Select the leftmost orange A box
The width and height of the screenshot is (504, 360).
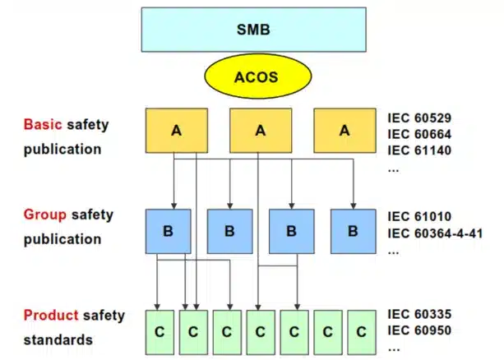tap(175, 131)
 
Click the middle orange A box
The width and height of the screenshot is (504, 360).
tap(260, 131)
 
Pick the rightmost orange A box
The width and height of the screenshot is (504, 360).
tap(344, 131)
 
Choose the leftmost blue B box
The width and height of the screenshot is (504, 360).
tap(168, 232)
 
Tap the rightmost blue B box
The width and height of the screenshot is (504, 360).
tap(354, 232)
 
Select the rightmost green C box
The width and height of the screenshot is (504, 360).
tap(360, 332)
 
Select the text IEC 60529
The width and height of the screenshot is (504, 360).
tap(419, 118)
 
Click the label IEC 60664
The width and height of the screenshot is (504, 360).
tap(419, 134)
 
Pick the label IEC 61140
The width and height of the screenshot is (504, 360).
tap(419, 150)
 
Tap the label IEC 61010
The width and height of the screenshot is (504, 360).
tap(419, 217)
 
